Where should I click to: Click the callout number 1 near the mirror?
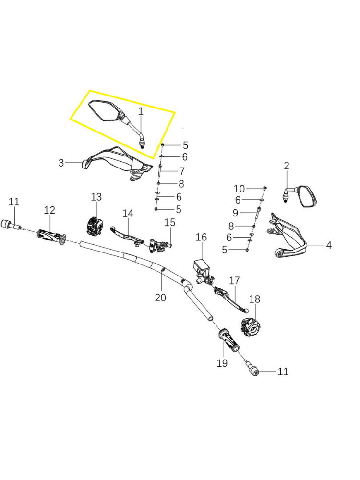pyautogui.click(x=141, y=111)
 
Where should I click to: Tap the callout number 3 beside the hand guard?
pyautogui.click(x=61, y=163)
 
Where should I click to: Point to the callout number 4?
pyautogui.click(x=328, y=245)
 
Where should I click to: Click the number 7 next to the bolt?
pyautogui.click(x=182, y=171)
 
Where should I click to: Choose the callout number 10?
pyautogui.click(x=239, y=189)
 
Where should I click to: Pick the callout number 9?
pyautogui.click(x=235, y=213)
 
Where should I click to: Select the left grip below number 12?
pyautogui.click(x=51, y=237)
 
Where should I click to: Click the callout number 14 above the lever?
pyautogui.click(x=127, y=213)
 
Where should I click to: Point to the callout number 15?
pyautogui.click(x=170, y=223)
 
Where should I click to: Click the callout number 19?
pyautogui.click(x=222, y=363)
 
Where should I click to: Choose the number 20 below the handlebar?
pyautogui.click(x=160, y=298)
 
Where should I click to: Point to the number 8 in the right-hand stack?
pyautogui.click(x=231, y=226)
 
